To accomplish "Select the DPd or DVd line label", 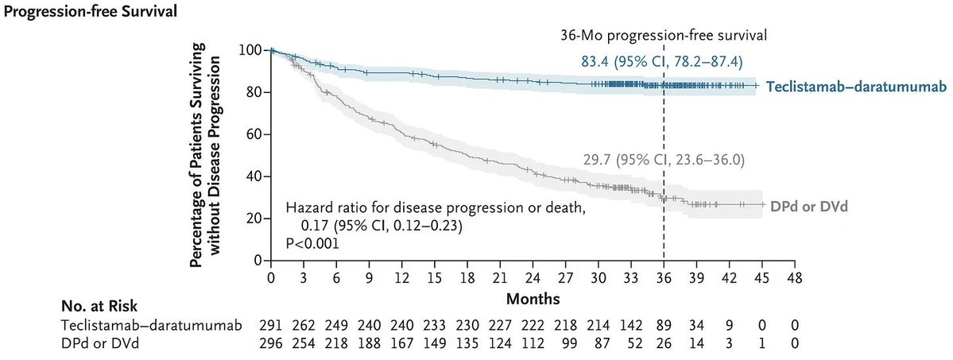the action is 808,206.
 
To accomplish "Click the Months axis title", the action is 533,299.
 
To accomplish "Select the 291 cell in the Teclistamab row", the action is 270,326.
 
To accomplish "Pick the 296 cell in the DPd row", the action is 270,343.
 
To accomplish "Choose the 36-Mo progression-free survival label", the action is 664,35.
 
